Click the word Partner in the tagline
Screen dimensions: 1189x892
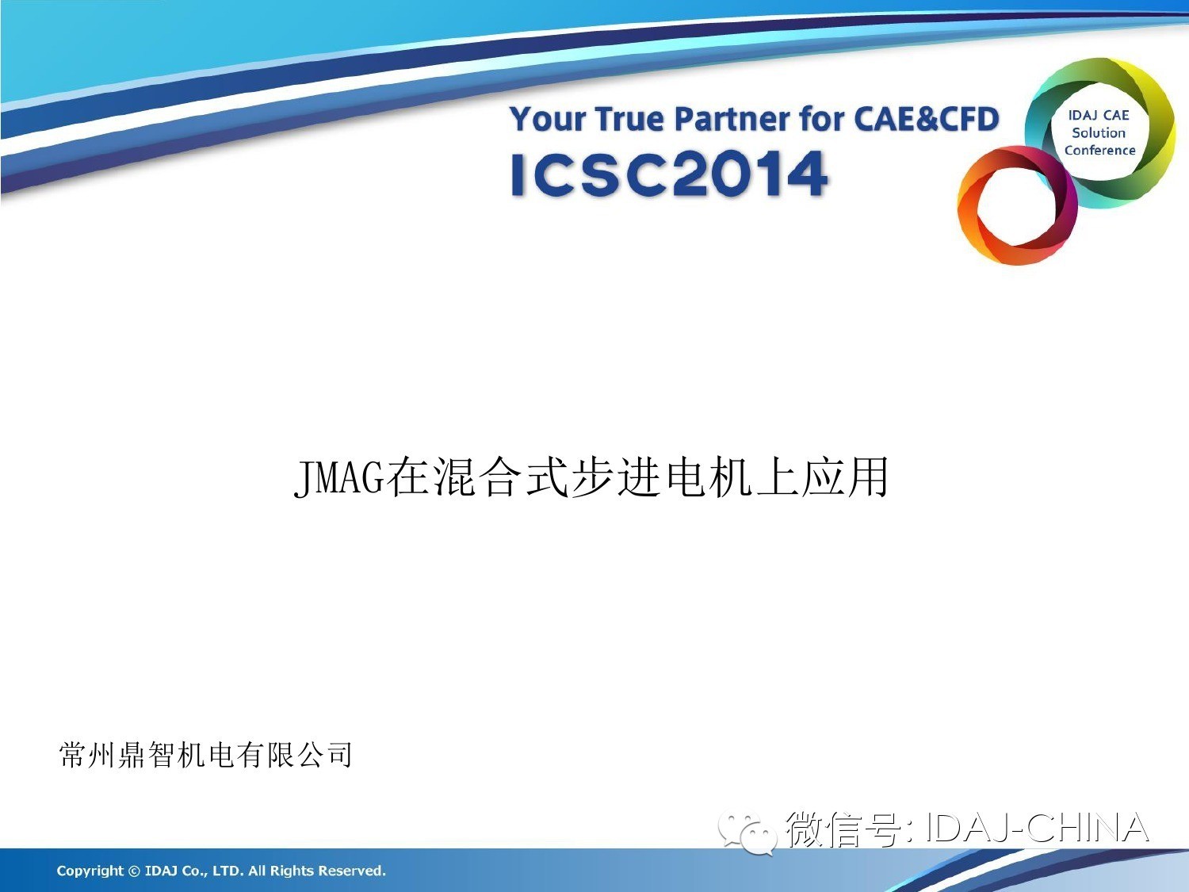(x=732, y=119)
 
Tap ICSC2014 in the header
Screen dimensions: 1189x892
(x=669, y=174)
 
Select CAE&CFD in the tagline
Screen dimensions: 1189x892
(x=927, y=119)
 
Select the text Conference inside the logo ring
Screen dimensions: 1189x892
(x=1099, y=150)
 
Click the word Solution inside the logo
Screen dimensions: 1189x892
(x=1099, y=132)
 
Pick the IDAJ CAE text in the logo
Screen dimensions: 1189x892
(x=1099, y=115)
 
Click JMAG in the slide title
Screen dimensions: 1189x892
(x=338, y=477)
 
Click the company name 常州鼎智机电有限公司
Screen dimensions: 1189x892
(x=206, y=755)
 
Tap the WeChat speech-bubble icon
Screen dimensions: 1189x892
(x=748, y=833)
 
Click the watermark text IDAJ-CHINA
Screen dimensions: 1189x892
(x=1037, y=828)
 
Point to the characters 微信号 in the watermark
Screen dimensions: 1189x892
(x=845, y=828)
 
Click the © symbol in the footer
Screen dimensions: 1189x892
(x=134, y=871)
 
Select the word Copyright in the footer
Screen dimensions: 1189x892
(x=90, y=871)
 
